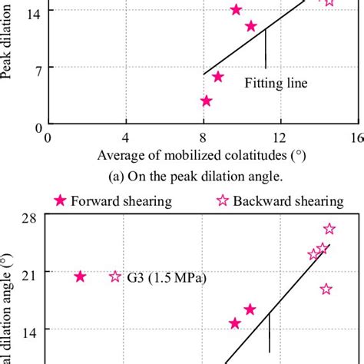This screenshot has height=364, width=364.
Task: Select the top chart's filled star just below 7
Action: pos(218,77)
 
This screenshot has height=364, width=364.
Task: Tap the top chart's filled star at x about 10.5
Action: pos(251,26)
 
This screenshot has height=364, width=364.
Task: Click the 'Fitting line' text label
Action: pos(276,83)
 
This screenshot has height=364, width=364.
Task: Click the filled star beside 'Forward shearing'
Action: pos(60,201)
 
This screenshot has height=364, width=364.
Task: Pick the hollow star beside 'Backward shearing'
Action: pos(225,201)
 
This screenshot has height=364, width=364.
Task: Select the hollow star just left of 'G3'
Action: pos(115,276)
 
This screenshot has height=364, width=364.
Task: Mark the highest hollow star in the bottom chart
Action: pos(329,229)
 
